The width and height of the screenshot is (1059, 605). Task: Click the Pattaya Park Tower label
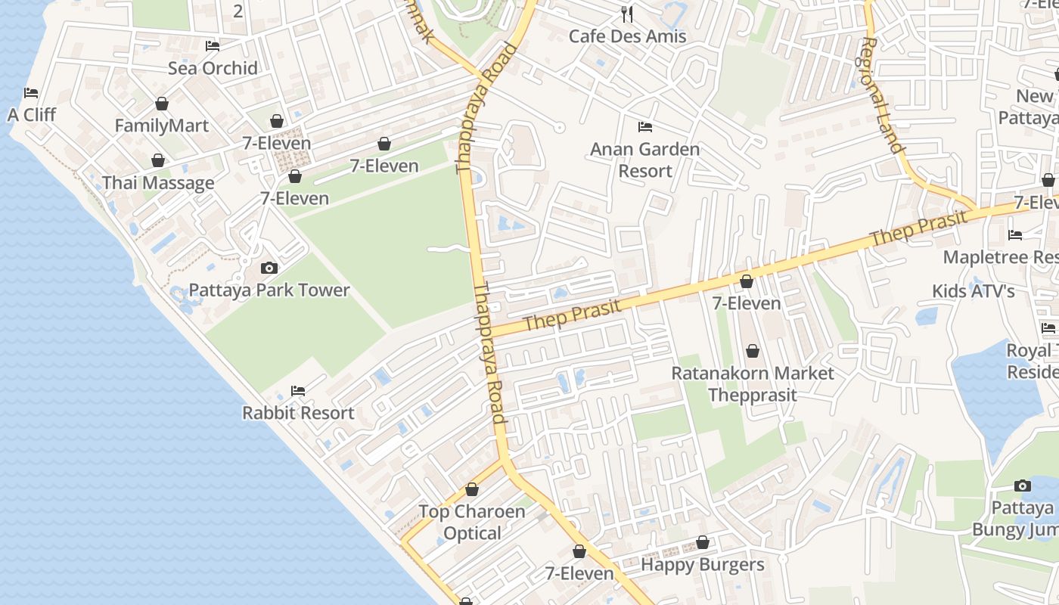[269, 290]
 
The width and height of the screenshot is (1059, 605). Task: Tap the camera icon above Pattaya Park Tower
[269, 268]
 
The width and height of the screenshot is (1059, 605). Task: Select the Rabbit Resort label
[298, 413]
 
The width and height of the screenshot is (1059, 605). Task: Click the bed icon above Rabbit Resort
[298, 391]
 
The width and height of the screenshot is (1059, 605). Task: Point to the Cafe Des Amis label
[627, 36]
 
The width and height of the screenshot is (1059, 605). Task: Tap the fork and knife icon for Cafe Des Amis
[626, 14]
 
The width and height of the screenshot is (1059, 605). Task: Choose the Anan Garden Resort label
[644, 160]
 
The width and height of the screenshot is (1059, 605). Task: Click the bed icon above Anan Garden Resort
[645, 126]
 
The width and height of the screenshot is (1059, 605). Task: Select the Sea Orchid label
[213, 68]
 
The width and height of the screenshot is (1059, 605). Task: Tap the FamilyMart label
[161, 126]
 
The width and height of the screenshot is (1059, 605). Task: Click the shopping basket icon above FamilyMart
[161, 104]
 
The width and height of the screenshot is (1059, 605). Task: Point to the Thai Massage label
[158, 183]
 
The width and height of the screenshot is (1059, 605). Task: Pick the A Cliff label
[32, 115]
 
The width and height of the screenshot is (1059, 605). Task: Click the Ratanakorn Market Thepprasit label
[753, 383]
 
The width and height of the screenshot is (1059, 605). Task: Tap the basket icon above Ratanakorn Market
[753, 351]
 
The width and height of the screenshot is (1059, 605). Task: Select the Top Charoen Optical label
[472, 523]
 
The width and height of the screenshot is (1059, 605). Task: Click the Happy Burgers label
[703, 564]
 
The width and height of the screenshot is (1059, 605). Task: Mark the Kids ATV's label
[973, 291]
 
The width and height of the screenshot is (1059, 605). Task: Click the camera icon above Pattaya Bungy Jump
[1023, 486]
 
